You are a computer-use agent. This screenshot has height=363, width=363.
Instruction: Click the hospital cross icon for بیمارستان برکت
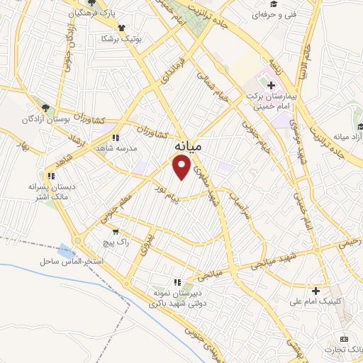[x=271, y=86]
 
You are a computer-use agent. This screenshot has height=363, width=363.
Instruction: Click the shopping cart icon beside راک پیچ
[x=116, y=231]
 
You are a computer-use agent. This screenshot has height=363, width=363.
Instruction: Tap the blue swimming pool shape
[x=67, y=250]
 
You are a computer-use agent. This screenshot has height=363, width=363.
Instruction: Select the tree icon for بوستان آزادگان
[x=45, y=108]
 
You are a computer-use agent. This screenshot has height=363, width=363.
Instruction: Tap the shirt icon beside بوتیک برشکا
[x=122, y=28]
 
